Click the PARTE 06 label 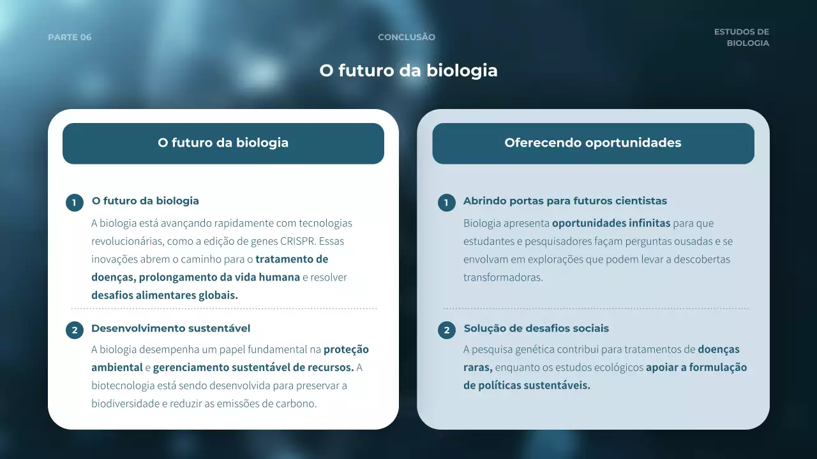pos(70,37)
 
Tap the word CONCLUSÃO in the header pos(407,37)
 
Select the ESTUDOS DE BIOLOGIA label pos(742,38)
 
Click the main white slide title pos(408,70)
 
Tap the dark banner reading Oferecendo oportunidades pos(593,143)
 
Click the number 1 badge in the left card pos(75,203)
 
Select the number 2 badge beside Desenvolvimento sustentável pos(75,330)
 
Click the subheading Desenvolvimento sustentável pos(170,328)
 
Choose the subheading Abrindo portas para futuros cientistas pos(565,201)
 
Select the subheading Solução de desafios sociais pos(536,328)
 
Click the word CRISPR pos(297,241)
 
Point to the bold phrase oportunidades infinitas pos(611,223)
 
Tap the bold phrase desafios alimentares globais pos(165,295)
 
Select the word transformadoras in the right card pos(503,277)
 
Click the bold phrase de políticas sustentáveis pos(527,385)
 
